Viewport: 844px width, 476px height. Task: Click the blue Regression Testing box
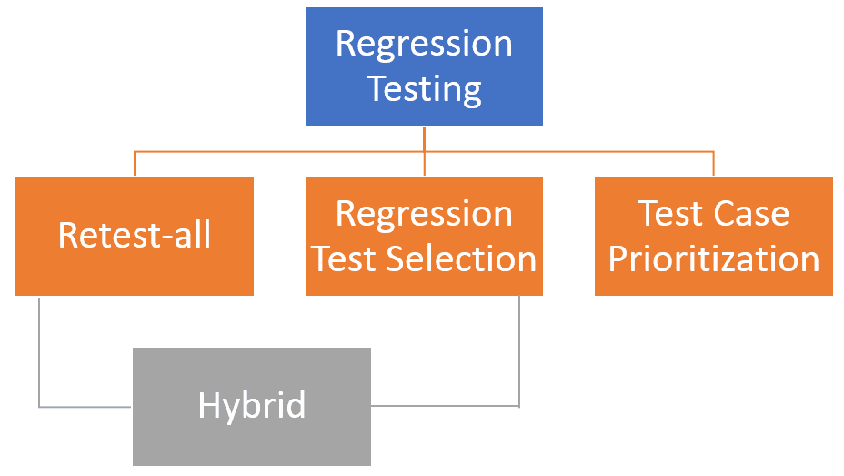(x=424, y=66)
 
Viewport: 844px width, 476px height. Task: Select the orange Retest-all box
(x=135, y=236)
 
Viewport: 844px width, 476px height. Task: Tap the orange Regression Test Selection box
(x=424, y=236)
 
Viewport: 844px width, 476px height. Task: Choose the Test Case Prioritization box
(x=713, y=236)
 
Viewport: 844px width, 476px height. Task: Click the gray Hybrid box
(x=252, y=406)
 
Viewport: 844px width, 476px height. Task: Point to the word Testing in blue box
(x=424, y=89)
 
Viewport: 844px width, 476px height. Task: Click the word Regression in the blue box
(x=424, y=44)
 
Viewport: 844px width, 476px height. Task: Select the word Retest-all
(x=135, y=236)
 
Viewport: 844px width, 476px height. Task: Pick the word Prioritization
(x=713, y=258)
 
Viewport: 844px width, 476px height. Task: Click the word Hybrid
(x=252, y=405)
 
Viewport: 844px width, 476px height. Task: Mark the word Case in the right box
(x=751, y=214)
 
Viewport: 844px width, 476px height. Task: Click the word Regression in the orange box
(x=424, y=214)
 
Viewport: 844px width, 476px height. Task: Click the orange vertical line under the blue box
(x=425, y=137)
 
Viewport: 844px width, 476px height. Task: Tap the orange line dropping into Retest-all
(x=135, y=164)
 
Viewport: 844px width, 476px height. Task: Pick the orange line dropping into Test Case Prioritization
(x=713, y=164)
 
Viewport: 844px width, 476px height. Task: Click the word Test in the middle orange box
(x=344, y=258)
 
